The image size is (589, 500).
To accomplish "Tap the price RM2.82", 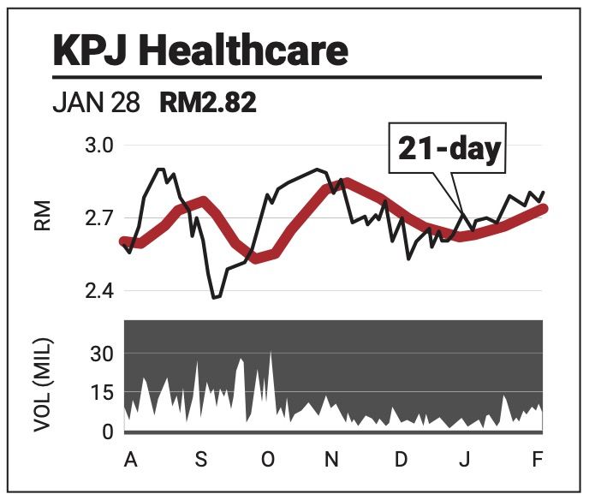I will coord(208,104).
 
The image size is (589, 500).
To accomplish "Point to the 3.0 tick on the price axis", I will coord(99,146).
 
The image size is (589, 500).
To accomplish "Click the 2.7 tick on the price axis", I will coord(99,218).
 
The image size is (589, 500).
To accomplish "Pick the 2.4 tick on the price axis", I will coord(99,291).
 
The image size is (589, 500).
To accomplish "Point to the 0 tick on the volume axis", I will coord(107,432).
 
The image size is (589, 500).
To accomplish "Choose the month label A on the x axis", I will coord(130,460).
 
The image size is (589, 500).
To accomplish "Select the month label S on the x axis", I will coord(201,460).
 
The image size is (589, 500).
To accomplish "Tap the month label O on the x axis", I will coord(268,460).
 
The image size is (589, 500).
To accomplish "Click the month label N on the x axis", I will coord(331,460).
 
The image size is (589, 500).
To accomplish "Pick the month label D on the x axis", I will coord(400,460).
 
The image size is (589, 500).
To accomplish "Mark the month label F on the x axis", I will coord(538,460).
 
